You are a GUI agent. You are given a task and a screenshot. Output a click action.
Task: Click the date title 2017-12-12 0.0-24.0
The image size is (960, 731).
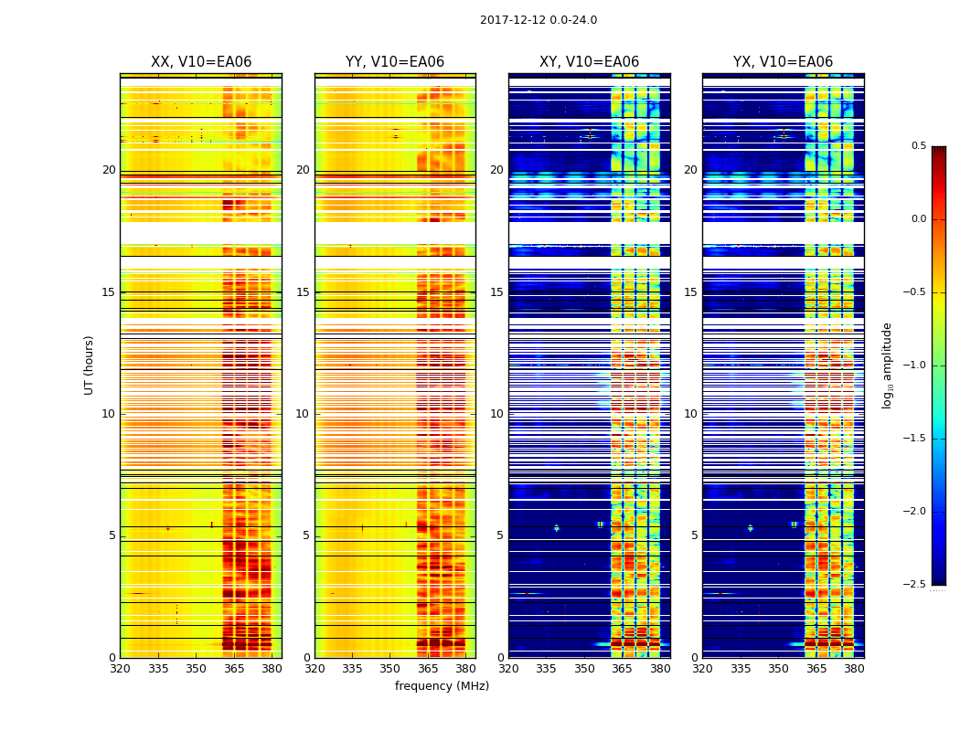(538, 20)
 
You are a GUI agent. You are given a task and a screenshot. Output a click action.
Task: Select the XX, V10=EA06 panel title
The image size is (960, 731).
(201, 62)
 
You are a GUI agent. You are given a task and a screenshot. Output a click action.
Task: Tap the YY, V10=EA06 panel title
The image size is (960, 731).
(395, 62)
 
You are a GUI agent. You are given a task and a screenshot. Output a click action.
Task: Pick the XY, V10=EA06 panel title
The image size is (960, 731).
(589, 62)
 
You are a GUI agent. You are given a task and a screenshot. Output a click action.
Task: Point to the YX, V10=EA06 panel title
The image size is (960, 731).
(783, 62)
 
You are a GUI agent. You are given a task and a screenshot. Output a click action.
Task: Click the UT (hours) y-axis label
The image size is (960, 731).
(90, 365)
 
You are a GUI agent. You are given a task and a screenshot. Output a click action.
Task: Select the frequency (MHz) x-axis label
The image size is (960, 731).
(442, 686)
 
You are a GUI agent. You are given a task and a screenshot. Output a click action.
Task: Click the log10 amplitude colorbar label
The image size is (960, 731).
(887, 365)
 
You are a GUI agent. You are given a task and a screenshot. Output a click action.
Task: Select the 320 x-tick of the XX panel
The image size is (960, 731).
(120, 670)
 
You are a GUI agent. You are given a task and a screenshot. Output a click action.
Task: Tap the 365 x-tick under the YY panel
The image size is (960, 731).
(428, 670)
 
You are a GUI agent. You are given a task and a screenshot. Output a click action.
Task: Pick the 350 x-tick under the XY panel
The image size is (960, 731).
(584, 670)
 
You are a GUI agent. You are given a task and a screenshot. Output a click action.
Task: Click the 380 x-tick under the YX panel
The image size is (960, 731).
(854, 670)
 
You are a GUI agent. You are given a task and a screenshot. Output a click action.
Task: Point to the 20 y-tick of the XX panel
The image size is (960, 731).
(109, 170)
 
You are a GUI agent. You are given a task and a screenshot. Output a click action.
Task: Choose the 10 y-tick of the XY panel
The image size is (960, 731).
(496, 414)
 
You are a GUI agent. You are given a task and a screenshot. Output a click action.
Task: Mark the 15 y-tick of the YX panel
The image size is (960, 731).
(690, 292)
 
